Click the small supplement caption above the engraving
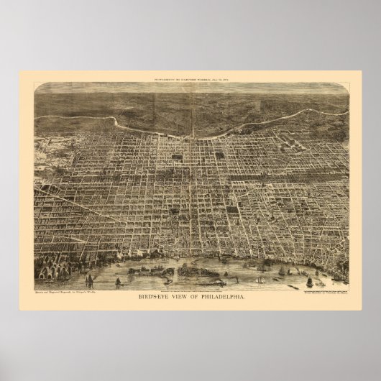tap(190, 79)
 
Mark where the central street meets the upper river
tap(192, 134)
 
